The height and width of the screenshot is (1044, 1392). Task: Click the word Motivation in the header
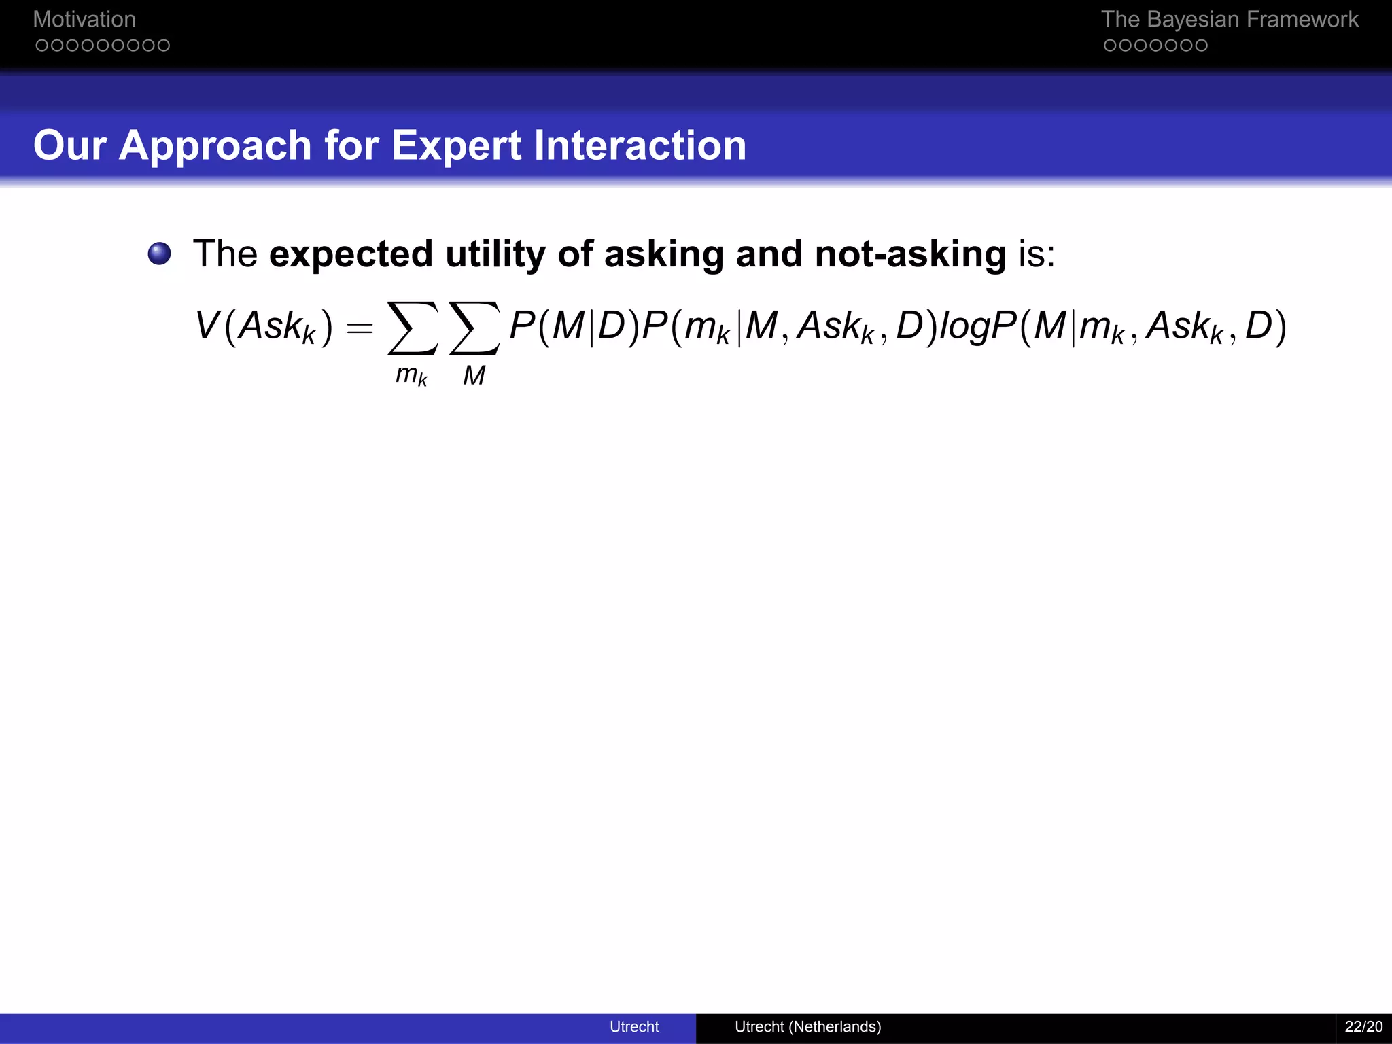tap(84, 19)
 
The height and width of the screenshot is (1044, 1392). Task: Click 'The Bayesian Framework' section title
tap(1229, 19)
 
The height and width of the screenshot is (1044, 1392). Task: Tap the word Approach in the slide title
tap(215, 145)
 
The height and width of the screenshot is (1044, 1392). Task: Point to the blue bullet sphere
tap(160, 254)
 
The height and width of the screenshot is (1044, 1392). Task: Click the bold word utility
tap(495, 254)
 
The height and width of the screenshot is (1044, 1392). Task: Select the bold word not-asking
tap(910, 254)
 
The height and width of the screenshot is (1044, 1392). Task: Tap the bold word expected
tap(351, 254)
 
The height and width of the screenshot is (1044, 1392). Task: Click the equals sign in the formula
tap(360, 328)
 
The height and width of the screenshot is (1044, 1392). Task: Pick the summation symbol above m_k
tap(412, 328)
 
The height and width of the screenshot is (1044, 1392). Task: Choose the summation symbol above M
tap(474, 328)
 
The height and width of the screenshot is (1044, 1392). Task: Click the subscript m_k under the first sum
tap(411, 375)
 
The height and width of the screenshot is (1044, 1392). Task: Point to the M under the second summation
tap(474, 375)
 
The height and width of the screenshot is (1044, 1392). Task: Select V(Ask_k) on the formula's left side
tap(264, 326)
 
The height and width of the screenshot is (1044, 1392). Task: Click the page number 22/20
tap(1363, 1026)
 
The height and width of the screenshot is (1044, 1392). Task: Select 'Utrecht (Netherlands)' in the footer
tap(807, 1026)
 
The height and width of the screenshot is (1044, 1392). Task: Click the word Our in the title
tap(70, 145)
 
